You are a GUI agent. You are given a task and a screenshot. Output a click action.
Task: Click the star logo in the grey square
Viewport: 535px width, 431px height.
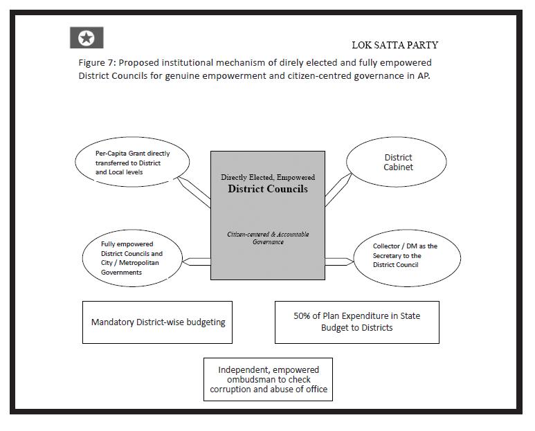87,37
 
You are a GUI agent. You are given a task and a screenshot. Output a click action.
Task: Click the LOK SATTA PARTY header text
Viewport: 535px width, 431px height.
395,46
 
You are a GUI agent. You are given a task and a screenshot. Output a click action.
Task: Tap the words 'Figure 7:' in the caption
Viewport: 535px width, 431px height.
98,63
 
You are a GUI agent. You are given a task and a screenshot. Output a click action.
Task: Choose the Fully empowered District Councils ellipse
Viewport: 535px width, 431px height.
132,258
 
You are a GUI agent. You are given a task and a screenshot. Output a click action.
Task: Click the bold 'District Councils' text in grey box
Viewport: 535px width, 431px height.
268,189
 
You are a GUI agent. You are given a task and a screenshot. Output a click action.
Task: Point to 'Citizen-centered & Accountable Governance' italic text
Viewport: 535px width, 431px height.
268,238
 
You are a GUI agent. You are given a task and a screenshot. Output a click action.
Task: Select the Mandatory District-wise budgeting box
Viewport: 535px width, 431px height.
157,322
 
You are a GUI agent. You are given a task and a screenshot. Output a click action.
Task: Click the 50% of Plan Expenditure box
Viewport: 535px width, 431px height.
356,322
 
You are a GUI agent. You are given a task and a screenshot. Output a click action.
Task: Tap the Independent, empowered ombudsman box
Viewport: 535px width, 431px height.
268,379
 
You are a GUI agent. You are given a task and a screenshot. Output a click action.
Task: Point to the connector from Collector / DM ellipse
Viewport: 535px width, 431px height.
339,261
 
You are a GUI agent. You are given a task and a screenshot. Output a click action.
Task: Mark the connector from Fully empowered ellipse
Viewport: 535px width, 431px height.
197,261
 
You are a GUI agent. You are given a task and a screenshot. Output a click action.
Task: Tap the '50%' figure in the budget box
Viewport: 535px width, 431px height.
303,316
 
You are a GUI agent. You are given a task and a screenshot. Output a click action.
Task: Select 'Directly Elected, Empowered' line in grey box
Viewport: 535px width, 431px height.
268,177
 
